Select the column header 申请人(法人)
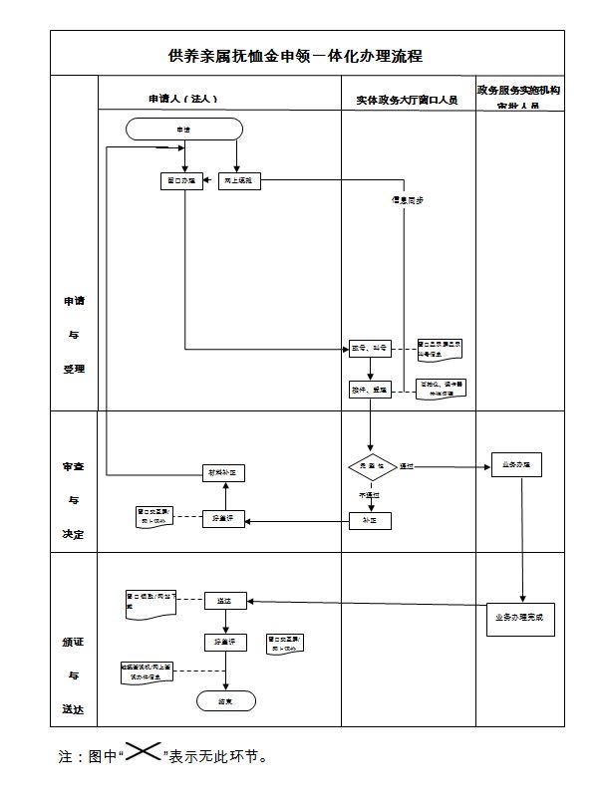182,100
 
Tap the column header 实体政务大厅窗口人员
407,101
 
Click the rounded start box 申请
183,129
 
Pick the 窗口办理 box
182,181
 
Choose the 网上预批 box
238,181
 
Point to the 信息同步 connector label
407,199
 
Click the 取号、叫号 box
370,348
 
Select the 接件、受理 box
370,389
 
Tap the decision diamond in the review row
372,465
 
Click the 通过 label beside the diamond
407,465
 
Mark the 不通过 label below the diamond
370,494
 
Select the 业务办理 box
516,464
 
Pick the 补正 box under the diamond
370,520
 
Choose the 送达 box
224,601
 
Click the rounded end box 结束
224,701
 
